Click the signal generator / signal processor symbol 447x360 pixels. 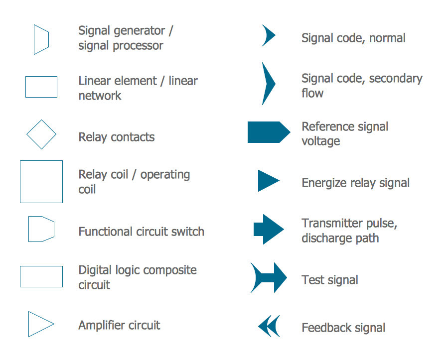click(x=41, y=39)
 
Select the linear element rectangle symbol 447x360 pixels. click(x=41, y=87)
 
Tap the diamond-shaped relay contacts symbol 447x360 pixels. click(x=41, y=134)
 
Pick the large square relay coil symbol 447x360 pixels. click(x=41, y=182)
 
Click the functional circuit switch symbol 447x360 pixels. click(x=41, y=229)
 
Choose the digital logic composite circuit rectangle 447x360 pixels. click(x=41, y=277)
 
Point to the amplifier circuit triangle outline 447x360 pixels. click(x=40, y=324)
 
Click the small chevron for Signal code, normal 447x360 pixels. click(x=269, y=36)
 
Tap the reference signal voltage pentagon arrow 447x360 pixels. click(x=269, y=132)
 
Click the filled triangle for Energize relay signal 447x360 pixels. click(x=268, y=181)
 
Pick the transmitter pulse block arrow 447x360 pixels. click(x=269, y=229)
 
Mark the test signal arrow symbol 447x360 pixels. click(x=269, y=277)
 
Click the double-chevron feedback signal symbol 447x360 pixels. click(x=269, y=326)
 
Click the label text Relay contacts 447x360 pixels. click(x=117, y=137)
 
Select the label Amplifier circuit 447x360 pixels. click(x=119, y=326)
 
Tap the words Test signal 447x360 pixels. click(x=330, y=280)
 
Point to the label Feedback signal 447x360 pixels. click(x=343, y=328)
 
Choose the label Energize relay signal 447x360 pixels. click(x=355, y=183)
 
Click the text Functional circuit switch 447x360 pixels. click(x=141, y=232)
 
